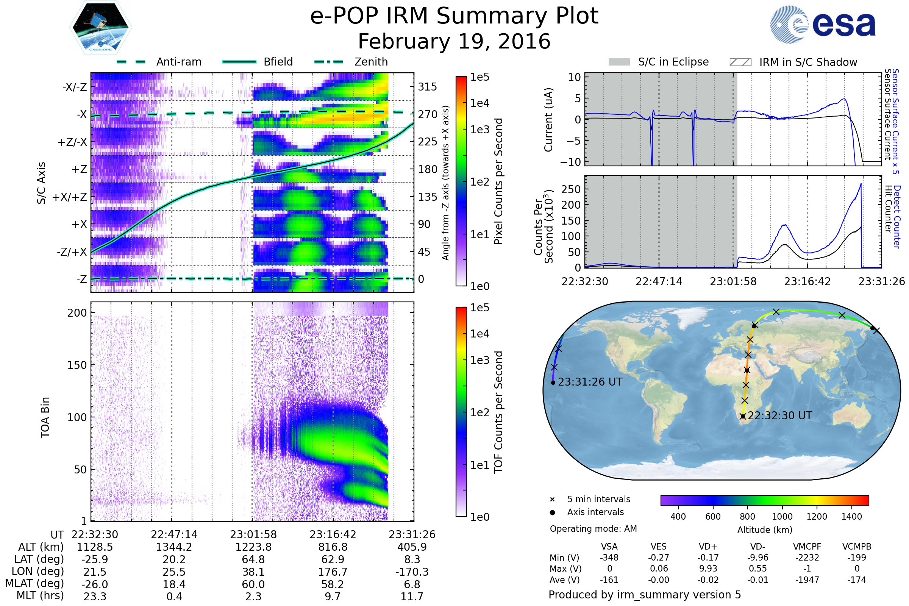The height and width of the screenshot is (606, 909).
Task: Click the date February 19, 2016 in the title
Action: click(454, 42)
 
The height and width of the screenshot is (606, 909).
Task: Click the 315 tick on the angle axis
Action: click(427, 87)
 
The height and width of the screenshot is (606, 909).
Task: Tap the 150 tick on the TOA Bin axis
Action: click(77, 365)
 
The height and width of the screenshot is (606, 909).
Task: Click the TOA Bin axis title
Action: click(45, 417)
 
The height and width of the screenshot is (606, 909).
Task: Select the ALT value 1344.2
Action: click(174, 547)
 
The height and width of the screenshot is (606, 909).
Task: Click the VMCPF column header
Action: click(807, 547)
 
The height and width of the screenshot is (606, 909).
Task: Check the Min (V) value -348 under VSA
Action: click(609, 558)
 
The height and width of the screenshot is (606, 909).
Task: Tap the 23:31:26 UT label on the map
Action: click(590, 382)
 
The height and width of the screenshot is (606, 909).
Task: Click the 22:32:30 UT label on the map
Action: click(779, 416)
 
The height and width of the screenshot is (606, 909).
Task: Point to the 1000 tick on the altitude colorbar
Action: click(782, 517)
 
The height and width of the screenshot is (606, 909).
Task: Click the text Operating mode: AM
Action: click(593, 529)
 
